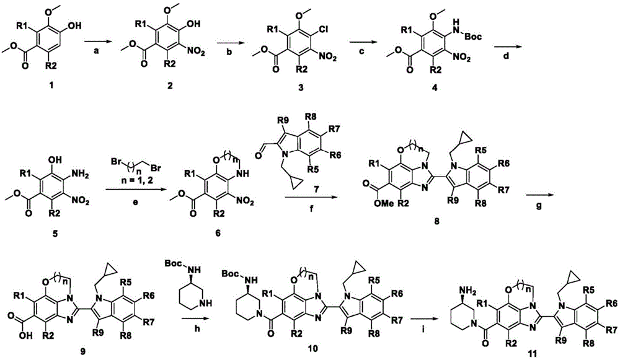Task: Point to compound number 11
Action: coord(532,354)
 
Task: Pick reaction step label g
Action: coord(538,206)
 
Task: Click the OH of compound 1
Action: coord(74,26)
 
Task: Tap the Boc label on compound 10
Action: coord(230,273)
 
